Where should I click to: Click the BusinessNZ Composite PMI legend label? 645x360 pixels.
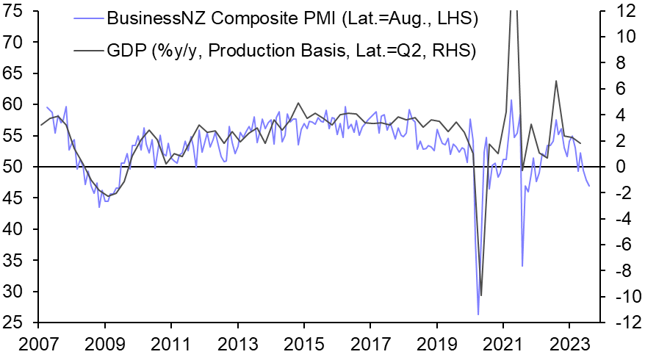[x=292, y=18]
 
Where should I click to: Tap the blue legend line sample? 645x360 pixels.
[x=86, y=18]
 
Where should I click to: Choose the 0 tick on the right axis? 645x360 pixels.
[x=621, y=167]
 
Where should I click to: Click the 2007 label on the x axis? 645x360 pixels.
[x=39, y=343]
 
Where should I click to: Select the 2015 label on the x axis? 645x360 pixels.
[x=304, y=343]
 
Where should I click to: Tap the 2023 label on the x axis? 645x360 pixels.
[x=569, y=343]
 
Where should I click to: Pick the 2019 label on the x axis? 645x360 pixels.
[x=437, y=343]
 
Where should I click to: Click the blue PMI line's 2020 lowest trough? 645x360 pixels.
[x=478, y=314]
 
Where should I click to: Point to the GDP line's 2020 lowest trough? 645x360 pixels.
[x=481, y=295]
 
